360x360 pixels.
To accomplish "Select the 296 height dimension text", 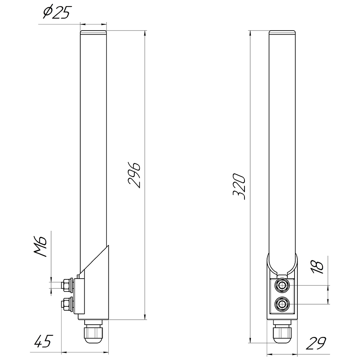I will point(134,175).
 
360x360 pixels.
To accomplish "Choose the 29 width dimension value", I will point(316,343).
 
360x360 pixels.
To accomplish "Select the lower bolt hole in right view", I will point(282,305).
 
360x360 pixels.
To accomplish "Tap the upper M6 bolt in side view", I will point(67,285).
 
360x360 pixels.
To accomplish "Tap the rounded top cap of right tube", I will point(283,32).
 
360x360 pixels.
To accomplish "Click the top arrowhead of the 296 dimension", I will point(145,33).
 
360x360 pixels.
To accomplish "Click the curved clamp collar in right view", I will point(282,265).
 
